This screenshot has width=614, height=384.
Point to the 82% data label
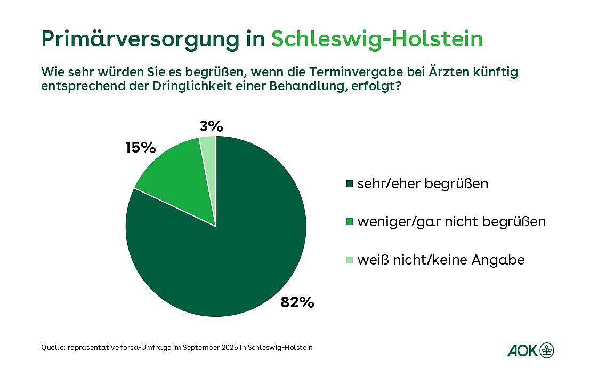297,302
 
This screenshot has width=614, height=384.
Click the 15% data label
140,147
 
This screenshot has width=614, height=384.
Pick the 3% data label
211,126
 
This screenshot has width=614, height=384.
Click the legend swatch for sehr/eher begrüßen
350,184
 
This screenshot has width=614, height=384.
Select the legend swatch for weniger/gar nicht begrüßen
350,222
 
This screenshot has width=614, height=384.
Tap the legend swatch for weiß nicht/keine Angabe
350,260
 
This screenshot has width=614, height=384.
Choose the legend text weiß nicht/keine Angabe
441,260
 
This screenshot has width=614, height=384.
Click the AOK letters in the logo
523,350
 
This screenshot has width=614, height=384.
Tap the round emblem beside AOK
547,350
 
